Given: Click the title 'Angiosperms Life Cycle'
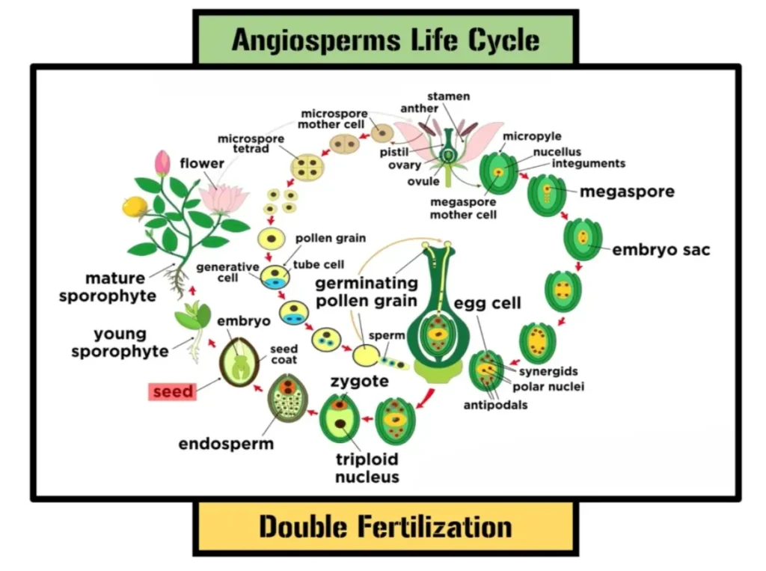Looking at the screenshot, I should pyautogui.click(x=385, y=39).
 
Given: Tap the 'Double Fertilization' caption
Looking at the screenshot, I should pyautogui.click(x=385, y=527).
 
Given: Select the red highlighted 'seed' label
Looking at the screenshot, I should pyautogui.click(x=173, y=391).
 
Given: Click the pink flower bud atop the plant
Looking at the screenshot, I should pyautogui.click(x=162, y=162).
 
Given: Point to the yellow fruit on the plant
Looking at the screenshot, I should pyautogui.click(x=134, y=207).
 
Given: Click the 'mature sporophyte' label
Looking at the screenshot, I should pyautogui.click(x=108, y=287).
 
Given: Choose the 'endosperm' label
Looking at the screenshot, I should pyautogui.click(x=226, y=444).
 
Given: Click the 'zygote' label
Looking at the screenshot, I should pyautogui.click(x=359, y=382).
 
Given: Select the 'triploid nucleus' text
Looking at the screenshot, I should pyautogui.click(x=367, y=468).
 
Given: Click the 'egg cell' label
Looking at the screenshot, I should pyautogui.click(x=487, y=303).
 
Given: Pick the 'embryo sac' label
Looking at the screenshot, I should pyautogui.click(x=661, y=250).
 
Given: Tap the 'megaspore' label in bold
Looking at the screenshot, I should pyautogui.click(x=627, y=192).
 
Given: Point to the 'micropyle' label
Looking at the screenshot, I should pyautogui.click(x=532, y=136).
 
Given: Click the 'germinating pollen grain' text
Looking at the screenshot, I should pyautogui.click(x=366, y=292).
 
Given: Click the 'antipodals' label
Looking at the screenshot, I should pyautogui.click(x=495, y=405).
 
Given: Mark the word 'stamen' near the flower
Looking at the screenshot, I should pyautogui.click(x=448, y=97).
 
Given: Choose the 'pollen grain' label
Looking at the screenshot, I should pyautogui.click(x=330, y=238).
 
